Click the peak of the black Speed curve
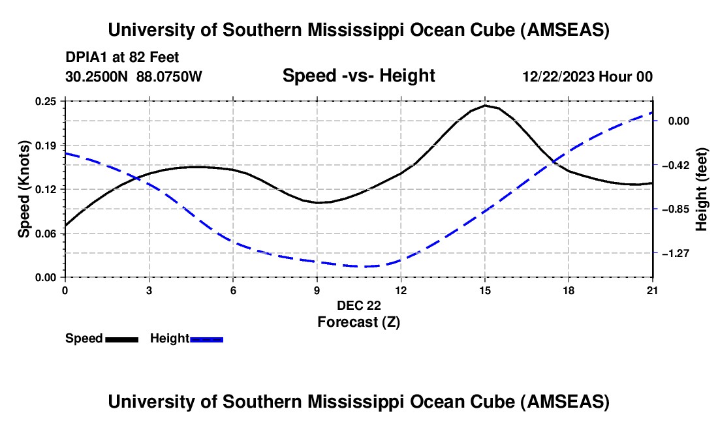tap(485, 105)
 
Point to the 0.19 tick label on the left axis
tap(47, 145)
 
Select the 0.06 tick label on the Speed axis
tap(47, 233)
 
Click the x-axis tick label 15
tap(484, 290)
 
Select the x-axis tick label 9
tap(317, 290)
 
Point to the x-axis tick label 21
tap(652, 290)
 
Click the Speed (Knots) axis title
tap(24, 189)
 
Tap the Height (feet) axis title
tap(702, 189)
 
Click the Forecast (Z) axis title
tap(358, 322)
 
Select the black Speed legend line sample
tap(122, 339)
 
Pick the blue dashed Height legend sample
tap(206, 339)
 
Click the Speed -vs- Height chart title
tap(358, 76)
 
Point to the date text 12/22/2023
tap(558, 77)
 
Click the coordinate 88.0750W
tap(169, 77)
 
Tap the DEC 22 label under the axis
tap(358, 305)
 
